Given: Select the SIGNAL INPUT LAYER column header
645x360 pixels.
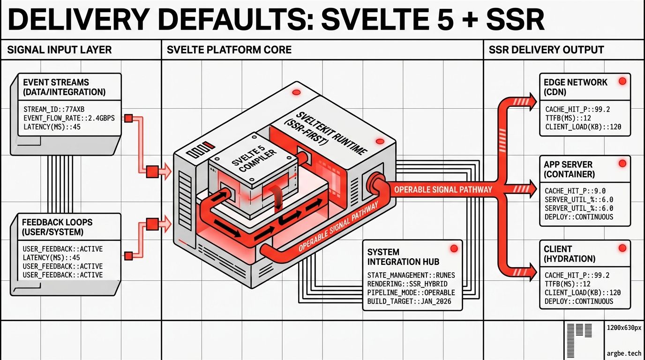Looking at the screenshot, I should coord(60,50).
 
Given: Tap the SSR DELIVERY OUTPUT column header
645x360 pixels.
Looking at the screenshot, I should coord(546,50).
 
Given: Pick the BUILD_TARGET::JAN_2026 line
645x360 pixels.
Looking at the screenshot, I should coord(409,301).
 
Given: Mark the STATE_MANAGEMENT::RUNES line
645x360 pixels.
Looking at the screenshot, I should coord(411,275).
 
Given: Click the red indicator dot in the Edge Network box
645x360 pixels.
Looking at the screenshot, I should coord(622,81).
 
